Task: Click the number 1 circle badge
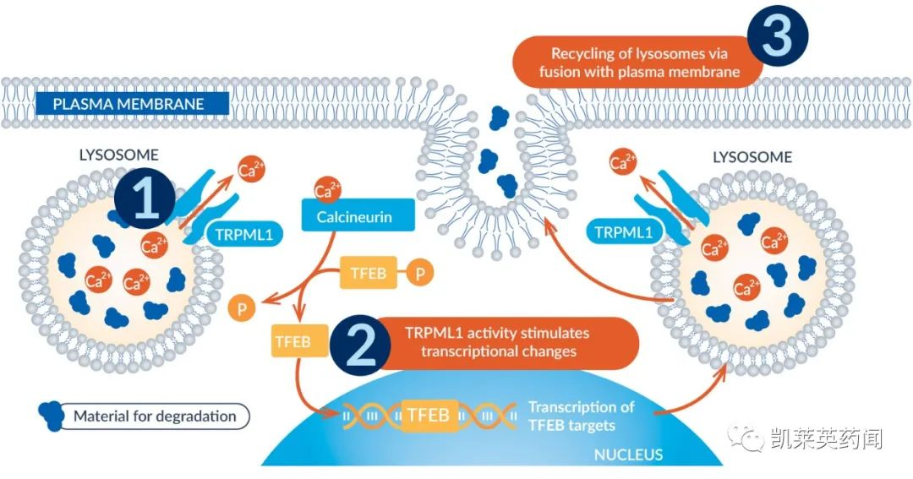145,199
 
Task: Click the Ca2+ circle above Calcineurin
327,189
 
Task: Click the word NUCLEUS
628,455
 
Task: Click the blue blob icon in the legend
51,414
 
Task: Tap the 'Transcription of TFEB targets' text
582,416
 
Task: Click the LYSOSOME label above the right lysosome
752,157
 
